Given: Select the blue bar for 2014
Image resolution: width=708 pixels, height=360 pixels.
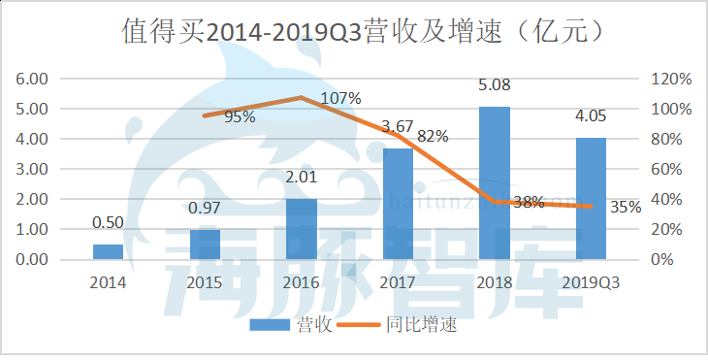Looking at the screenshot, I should coord(108,252).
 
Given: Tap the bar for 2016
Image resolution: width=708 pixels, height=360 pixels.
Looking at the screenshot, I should coord(301,229).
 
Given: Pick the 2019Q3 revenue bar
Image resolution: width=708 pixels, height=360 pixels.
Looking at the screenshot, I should coord(591,199).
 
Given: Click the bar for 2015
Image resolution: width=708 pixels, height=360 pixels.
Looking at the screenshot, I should coord(205,245).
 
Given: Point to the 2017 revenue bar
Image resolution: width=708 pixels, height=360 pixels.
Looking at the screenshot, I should coord(398,204).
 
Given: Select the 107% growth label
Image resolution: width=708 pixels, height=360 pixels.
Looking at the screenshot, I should coord(340,98).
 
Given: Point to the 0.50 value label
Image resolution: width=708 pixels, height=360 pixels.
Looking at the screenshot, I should coord(108,222).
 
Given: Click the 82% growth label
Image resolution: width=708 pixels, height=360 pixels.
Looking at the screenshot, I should coord(432,137).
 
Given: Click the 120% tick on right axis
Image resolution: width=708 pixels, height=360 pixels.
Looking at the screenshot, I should coord(672,79).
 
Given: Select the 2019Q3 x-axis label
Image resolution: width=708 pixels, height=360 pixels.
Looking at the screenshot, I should coord(591,283).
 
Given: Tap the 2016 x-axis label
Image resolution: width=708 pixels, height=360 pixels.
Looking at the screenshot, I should coord(301,283).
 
